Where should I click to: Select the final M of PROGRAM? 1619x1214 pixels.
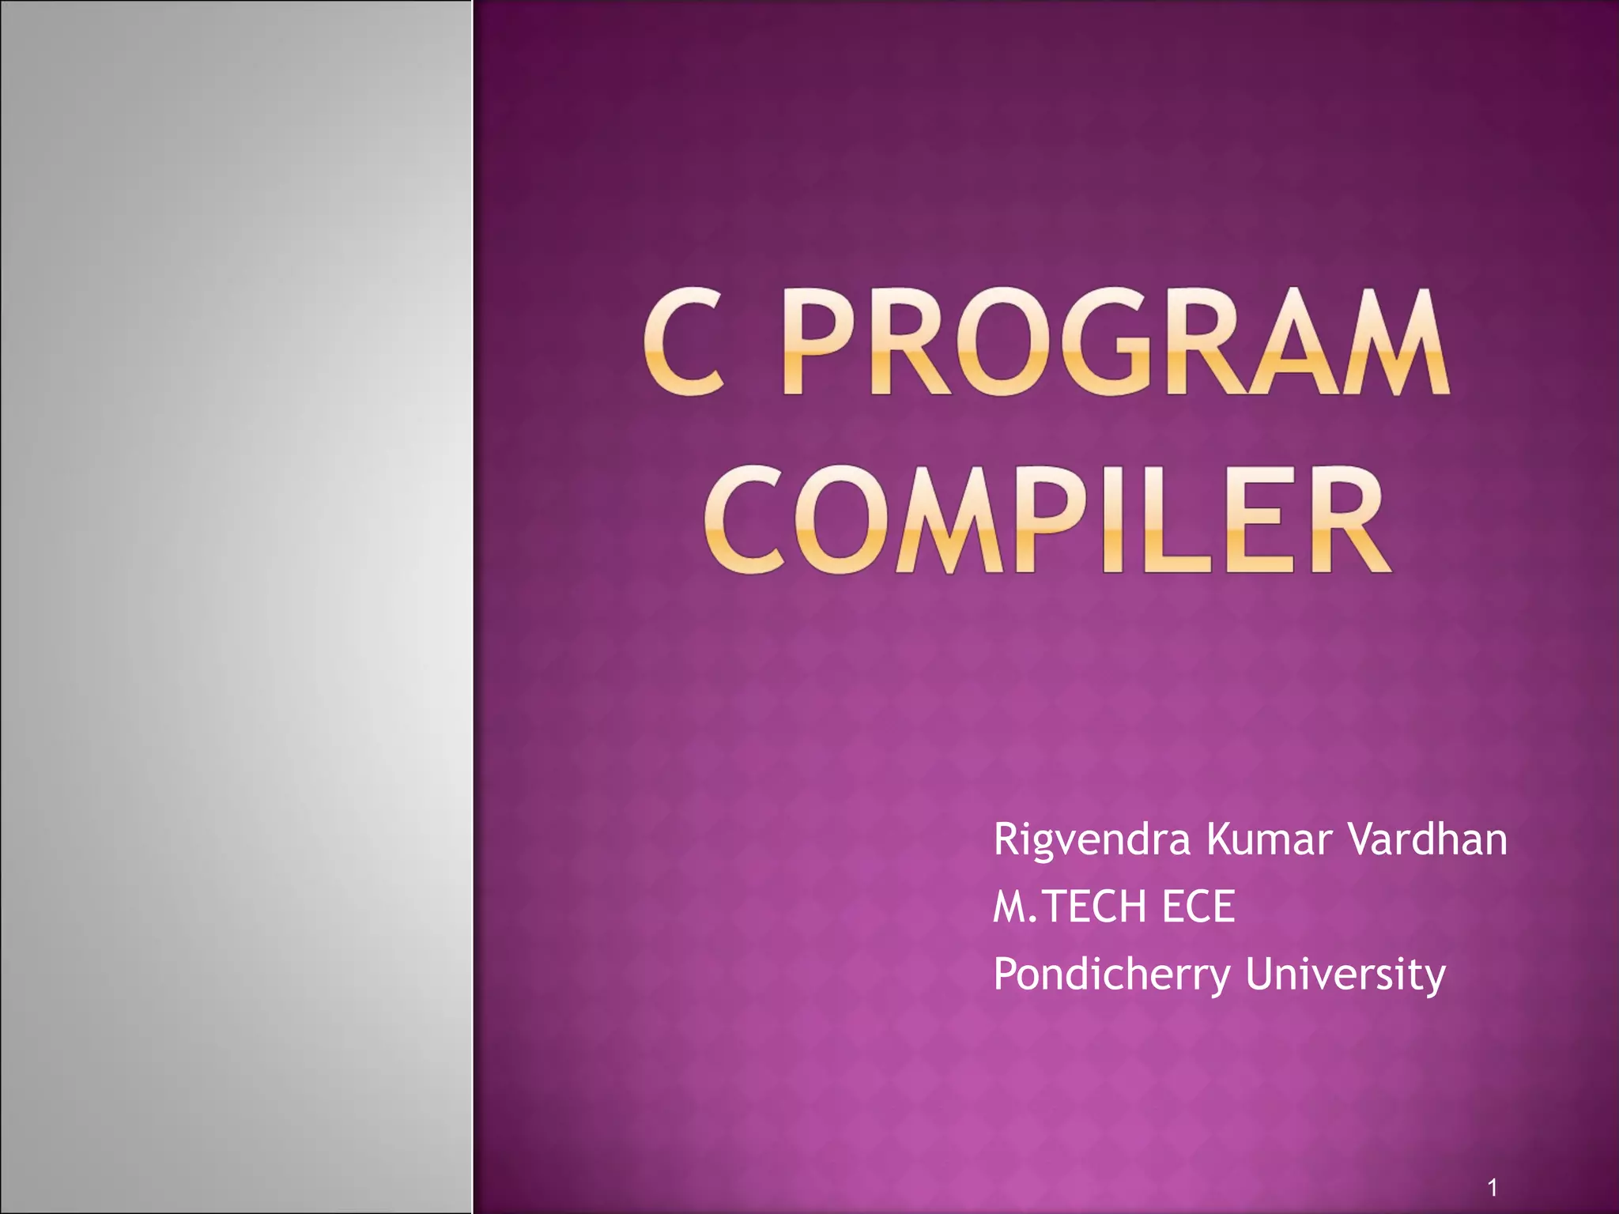tap(1398, 343)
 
